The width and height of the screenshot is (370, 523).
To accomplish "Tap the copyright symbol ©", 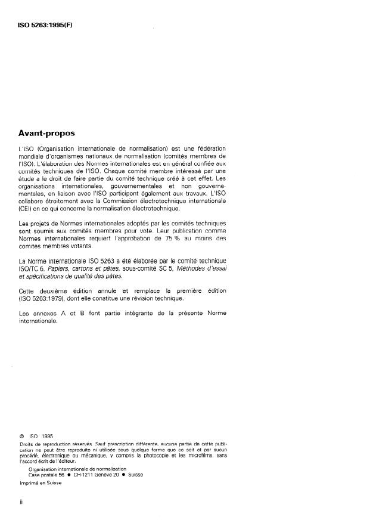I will click(22, 437).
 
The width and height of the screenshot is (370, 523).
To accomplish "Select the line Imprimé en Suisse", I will click(41, 484).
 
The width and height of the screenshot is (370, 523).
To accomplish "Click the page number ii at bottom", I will click(21, 503).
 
